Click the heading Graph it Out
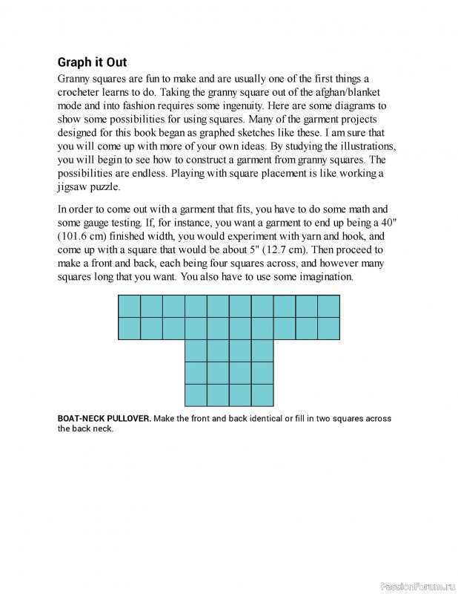click(97, 62)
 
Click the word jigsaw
click(74, 186)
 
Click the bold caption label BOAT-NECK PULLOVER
click(104, 419)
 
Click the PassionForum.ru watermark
click(414, 586)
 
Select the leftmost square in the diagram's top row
click(129, 306)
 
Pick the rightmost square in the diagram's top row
click(329, 306)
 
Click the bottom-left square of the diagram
click(196, 395)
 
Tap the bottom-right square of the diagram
click(262, 395)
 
